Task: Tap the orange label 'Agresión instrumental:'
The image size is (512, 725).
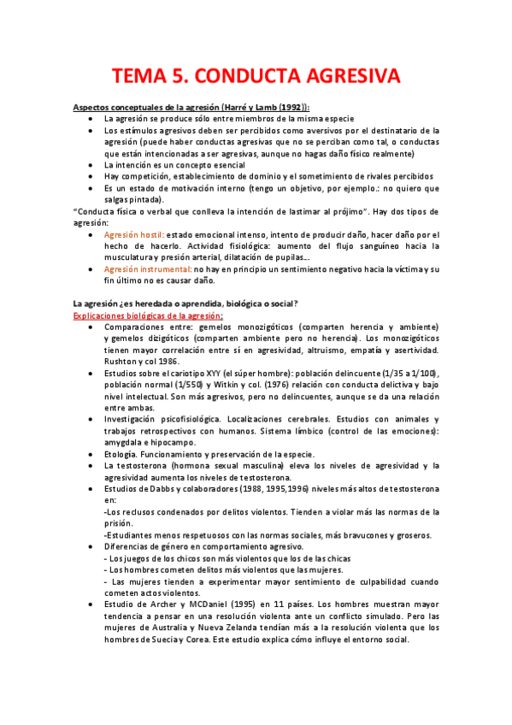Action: [145, 268]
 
